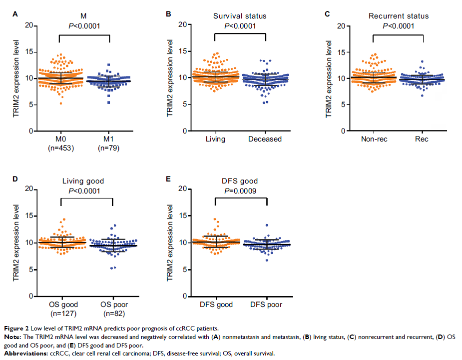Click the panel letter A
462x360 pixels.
click(x=15, y=14)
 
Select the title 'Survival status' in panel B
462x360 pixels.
click(x=240, y=16)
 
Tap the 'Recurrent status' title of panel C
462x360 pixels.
click(x=398, y=16)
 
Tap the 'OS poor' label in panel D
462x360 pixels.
click(x=113, y=304)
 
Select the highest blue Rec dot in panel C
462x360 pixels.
click(x=422, y=62)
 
